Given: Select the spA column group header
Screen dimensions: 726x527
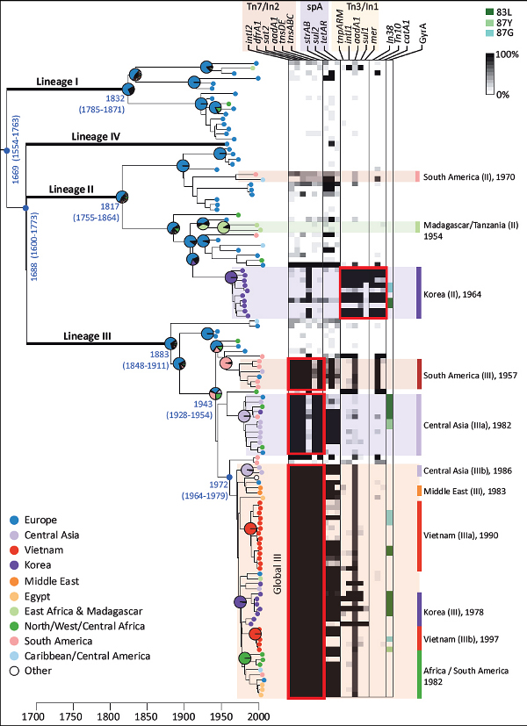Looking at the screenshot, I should pyautogui.click(x=312, y=6).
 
